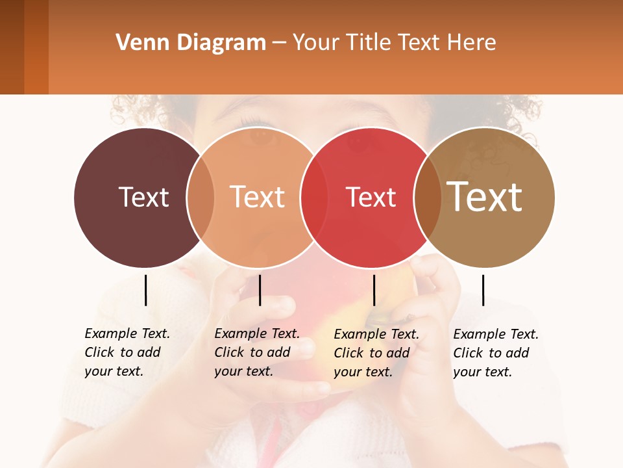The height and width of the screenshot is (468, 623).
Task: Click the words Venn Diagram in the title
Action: coord(191,43)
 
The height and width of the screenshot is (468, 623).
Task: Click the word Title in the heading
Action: coord(368,43)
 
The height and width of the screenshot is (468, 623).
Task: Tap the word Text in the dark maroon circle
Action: coord(143,197)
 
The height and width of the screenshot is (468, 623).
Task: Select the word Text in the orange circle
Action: coord(258,197)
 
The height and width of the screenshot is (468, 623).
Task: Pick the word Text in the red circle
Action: coord(371,197)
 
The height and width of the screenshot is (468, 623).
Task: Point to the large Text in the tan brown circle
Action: coord(484,197)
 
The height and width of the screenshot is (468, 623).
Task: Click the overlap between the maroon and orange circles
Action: coord(201,198)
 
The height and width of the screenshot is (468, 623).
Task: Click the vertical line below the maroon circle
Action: coord(146,290)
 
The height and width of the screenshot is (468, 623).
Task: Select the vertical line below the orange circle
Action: coord(260,290)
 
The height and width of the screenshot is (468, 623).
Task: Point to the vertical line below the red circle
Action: coord(374,290)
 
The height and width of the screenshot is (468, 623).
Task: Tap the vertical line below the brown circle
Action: coord(483,290)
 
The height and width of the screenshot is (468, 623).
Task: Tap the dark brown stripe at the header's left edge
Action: coord(12,47)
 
